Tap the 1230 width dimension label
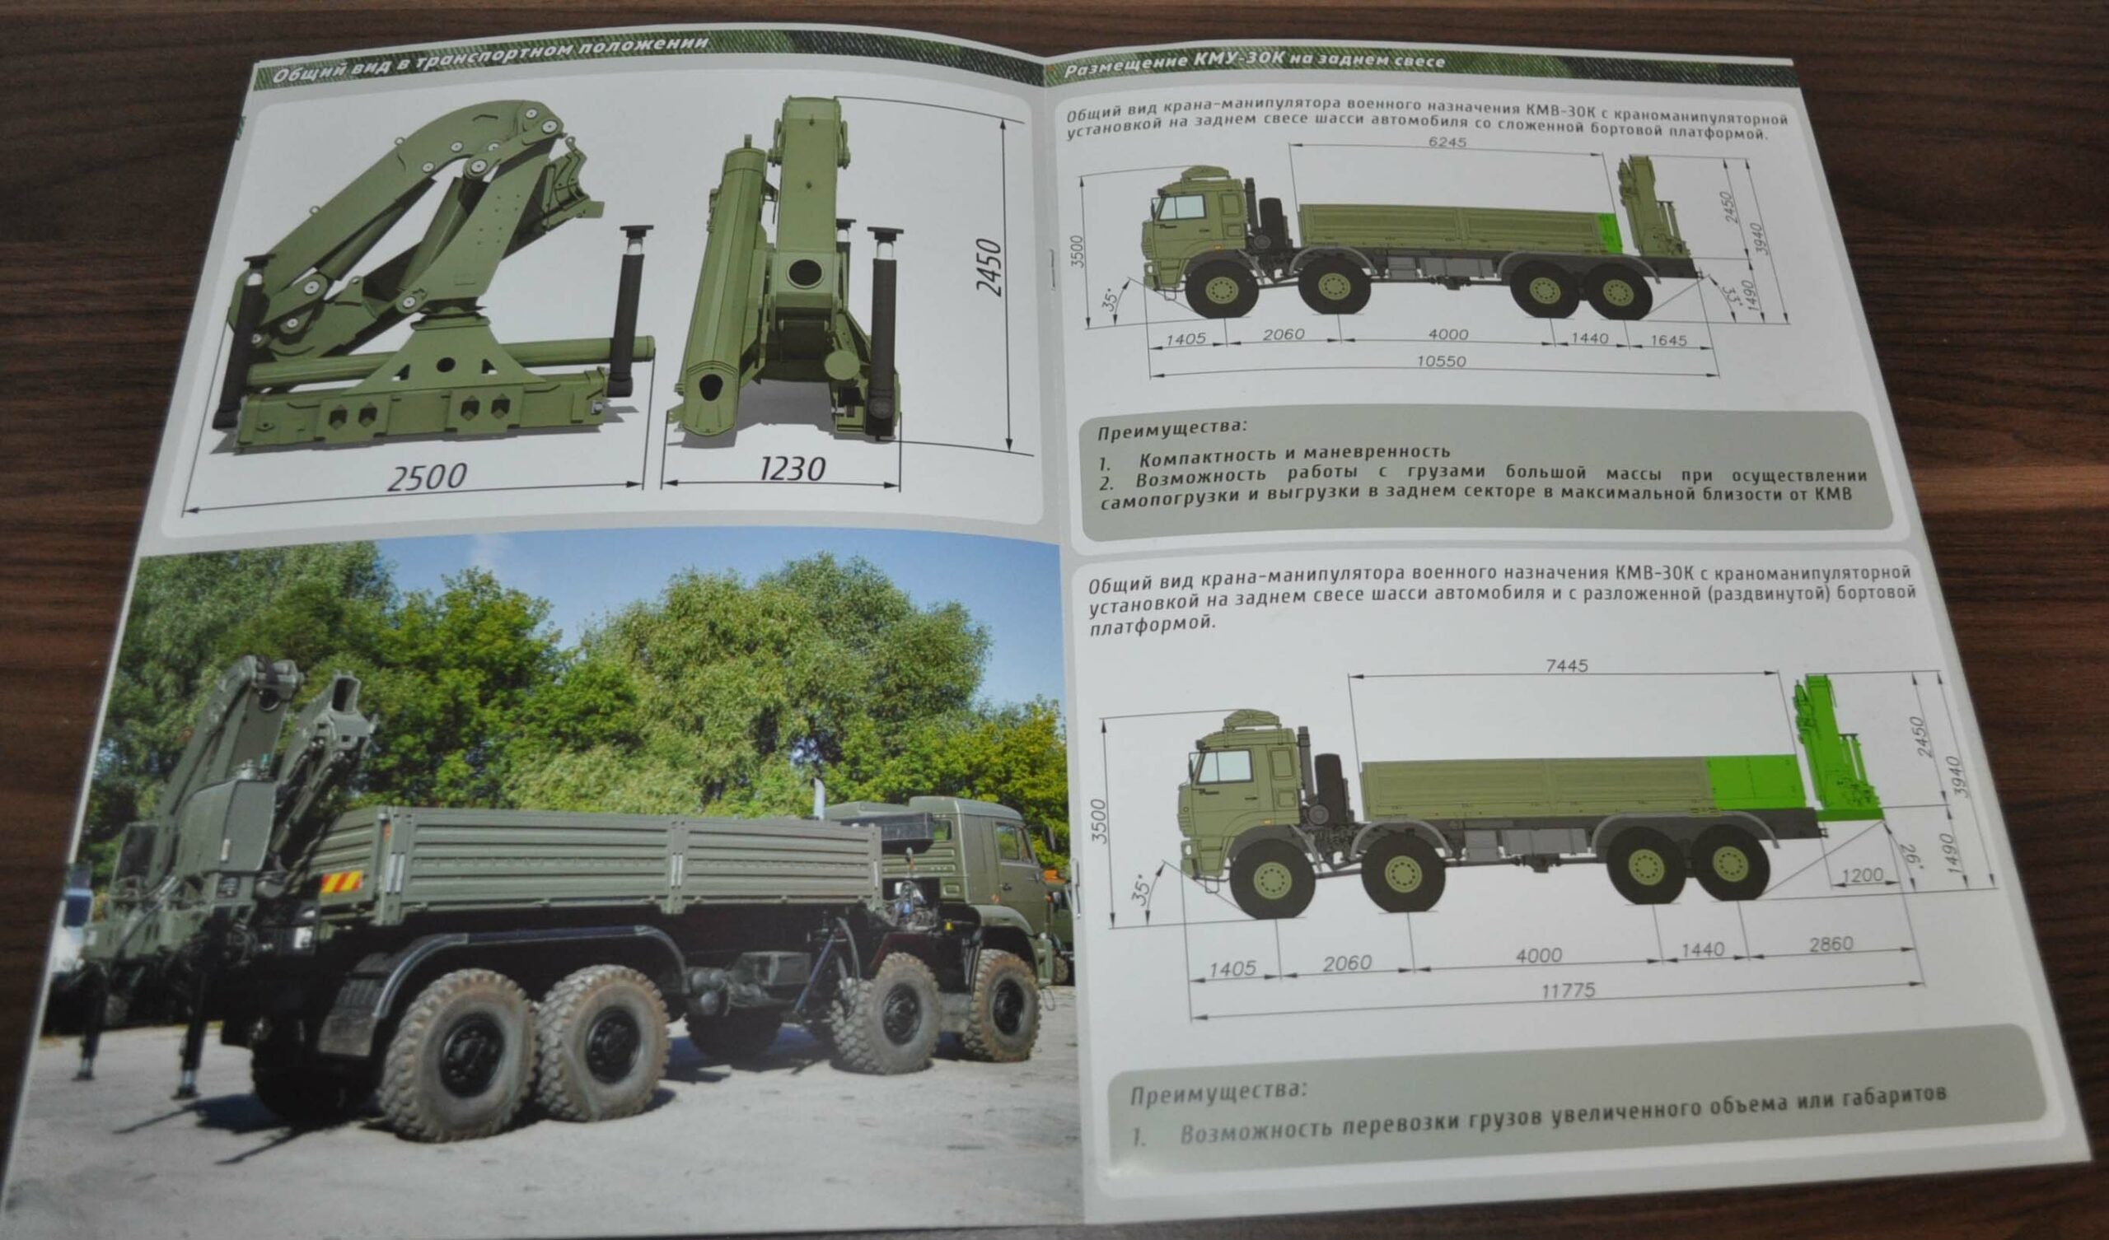coord(793,468)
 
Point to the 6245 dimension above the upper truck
coord(1447,142)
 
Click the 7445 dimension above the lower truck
coord(1568,666)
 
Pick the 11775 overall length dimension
coord(1569,991)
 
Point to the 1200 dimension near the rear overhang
coord(1863,875)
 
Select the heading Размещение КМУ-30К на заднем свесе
coord(1254,66)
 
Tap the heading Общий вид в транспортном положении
coord(492,58)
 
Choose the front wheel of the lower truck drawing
coord(1273,878)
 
